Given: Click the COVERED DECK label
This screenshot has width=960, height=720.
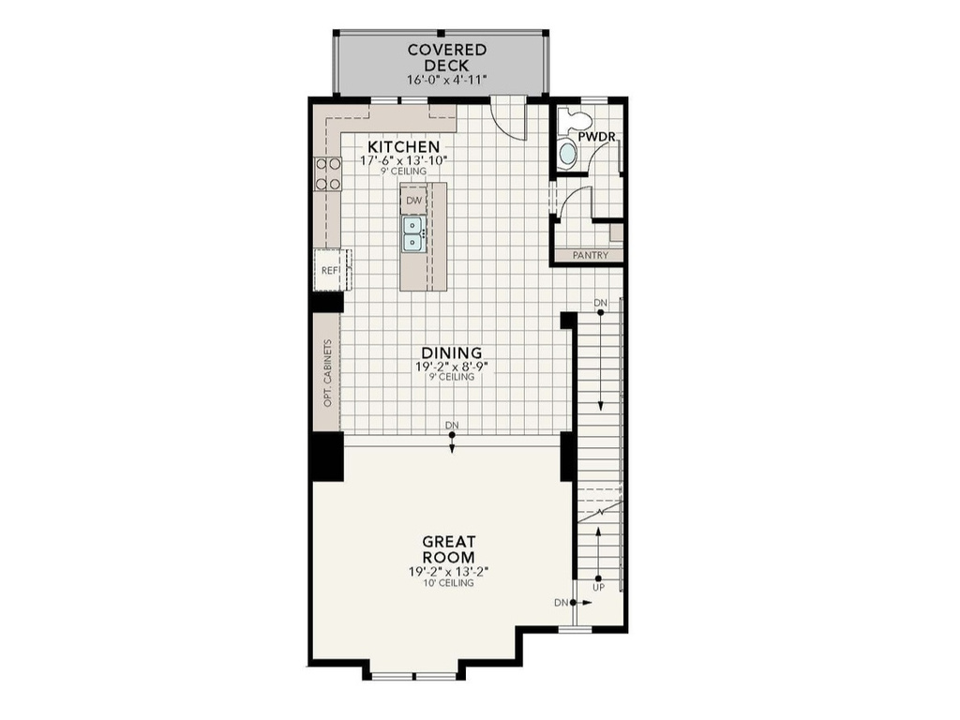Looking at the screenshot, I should [446, 57].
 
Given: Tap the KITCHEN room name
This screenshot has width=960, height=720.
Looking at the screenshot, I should [403, 147].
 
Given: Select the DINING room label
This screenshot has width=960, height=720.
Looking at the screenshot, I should [451, 352].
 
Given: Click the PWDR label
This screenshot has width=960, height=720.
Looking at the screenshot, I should [596, 137].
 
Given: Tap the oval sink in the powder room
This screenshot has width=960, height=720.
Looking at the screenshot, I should [568, 155].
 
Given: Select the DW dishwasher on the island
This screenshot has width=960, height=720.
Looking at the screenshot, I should [413, 200].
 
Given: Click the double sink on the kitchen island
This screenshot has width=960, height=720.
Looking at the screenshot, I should [412, 233].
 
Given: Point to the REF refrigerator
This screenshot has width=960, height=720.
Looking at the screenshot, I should [331, 270].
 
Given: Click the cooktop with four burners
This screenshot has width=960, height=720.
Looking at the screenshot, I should [327, 173].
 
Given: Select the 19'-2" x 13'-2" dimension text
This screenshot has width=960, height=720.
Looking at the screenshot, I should [447, 571].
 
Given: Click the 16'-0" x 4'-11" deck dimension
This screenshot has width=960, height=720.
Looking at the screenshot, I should [446, 81].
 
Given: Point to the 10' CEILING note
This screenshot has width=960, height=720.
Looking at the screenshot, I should [447, 583].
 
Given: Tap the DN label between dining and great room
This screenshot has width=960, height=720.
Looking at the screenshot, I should [452, 426].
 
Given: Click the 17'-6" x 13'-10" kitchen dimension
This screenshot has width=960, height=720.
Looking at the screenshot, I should [403, 160].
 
